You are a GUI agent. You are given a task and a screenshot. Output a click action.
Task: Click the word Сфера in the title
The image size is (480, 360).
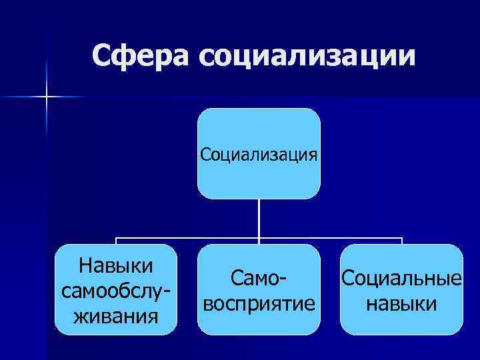tap(141, 56)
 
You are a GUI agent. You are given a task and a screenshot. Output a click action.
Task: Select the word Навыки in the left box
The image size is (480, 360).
tap(116, 265)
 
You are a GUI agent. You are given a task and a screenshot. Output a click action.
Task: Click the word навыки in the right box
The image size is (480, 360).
tap(401, 303)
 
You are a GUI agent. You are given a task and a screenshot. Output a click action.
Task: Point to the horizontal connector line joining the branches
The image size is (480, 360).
tap(187, 238)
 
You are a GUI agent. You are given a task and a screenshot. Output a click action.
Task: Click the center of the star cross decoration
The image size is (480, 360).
tap(47, 97)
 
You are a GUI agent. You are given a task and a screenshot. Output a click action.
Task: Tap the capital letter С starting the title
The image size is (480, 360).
tap(102, 56)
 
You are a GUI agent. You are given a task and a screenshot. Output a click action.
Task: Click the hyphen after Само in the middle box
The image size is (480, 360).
tap(291, 279)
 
